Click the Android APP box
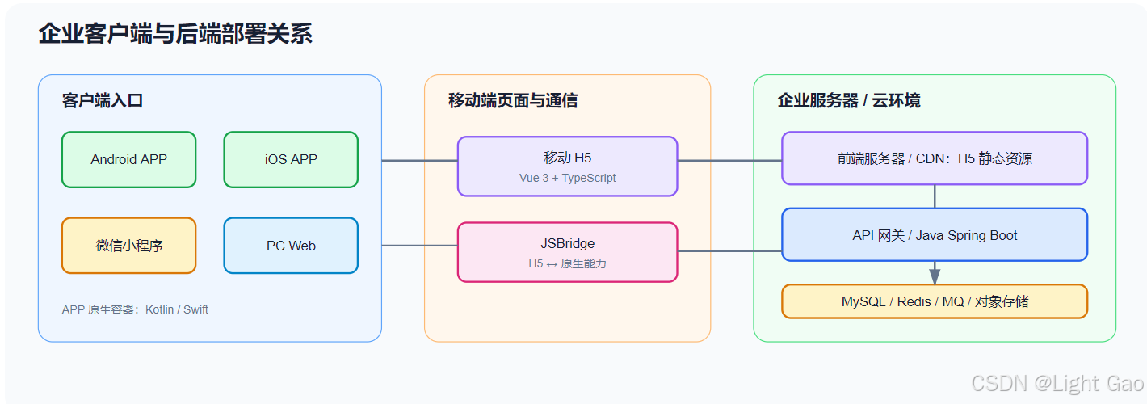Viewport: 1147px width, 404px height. pos(128,159)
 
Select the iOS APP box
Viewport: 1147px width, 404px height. pos(291,159)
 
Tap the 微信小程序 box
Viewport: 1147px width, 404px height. pos(128,246)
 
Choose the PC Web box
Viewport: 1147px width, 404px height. pos(291,246)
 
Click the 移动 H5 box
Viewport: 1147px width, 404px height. pos(567,166)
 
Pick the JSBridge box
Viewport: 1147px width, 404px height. pos(567,252)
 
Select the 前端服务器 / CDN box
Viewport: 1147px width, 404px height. pos(935,158)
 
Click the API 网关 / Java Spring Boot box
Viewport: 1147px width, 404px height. pos(935,234)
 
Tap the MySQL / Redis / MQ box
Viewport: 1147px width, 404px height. pos(935,301)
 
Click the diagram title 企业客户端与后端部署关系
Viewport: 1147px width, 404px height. pos(175,34)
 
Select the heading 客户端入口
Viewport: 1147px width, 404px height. pos(103,100)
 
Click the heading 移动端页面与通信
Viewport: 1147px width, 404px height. pos(513,100)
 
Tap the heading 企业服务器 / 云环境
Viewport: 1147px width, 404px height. pos(848,100)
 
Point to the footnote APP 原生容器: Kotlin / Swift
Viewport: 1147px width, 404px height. pos(135,309)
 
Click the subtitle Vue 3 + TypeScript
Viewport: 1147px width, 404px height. pos(567,178)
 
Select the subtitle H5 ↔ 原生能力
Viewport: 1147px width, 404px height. pos(567,263)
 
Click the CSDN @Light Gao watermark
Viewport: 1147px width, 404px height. pos(1057,383)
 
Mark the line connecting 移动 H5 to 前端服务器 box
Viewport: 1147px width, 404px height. pos(729,160)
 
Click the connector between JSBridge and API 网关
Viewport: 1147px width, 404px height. pos(729,251)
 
